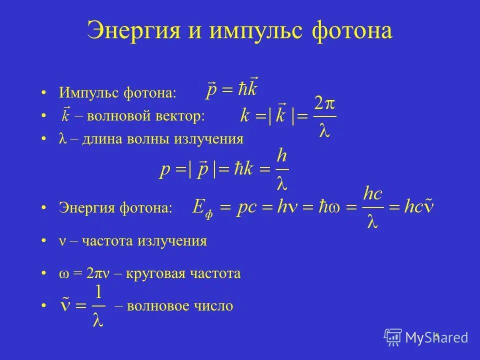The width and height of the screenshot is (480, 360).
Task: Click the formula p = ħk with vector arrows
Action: (x=232, y=89)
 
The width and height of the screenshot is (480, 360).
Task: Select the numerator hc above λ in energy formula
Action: (x=372, y=193)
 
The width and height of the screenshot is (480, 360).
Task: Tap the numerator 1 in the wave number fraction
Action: (x=98, y=292)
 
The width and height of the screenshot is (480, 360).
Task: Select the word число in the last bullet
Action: (x=216, y=306)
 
